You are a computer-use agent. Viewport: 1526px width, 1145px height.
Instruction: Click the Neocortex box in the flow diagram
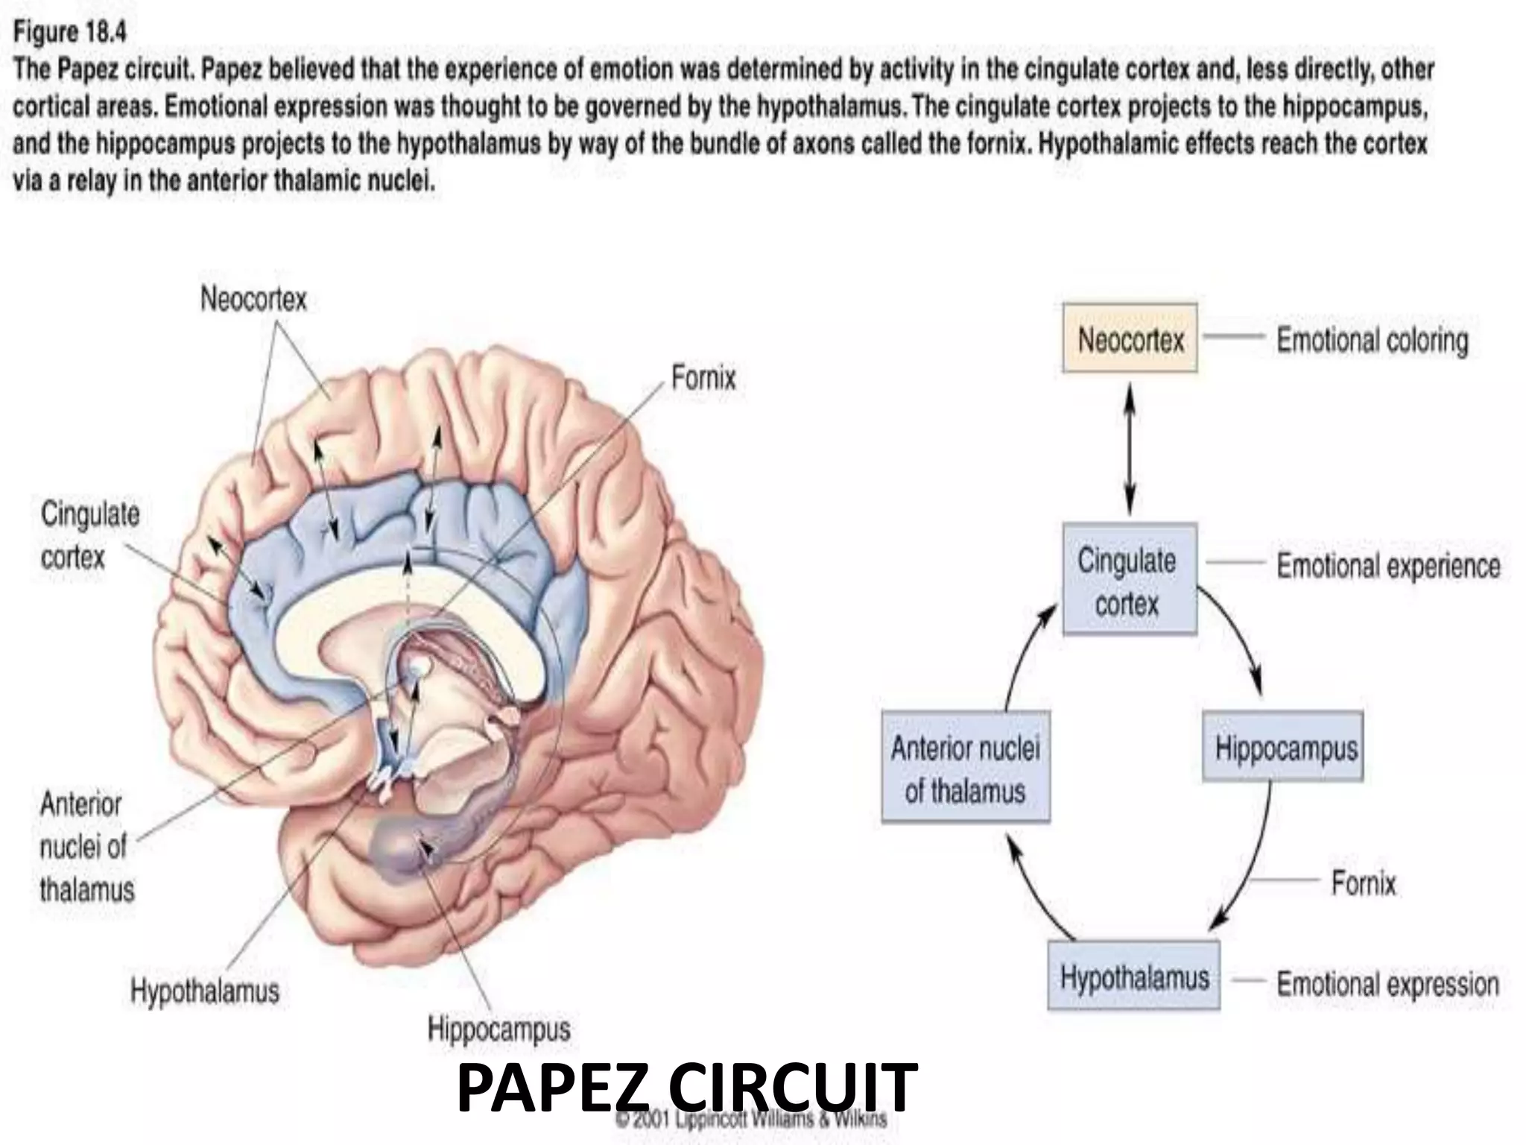1130,338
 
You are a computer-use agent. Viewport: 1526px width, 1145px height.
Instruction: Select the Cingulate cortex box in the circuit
1128,579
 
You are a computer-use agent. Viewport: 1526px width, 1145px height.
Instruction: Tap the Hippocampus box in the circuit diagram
1284,747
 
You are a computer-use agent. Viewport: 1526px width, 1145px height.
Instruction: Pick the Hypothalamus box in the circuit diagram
1133,977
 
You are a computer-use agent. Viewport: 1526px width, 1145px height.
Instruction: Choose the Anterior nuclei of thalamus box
966,768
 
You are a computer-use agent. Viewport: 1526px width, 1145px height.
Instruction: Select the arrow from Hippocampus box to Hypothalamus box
1252,865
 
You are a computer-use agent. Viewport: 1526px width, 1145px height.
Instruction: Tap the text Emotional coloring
1372,340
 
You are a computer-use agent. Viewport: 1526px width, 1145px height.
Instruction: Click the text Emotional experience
1388,565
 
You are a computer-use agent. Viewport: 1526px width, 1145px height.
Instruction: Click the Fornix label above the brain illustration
703,377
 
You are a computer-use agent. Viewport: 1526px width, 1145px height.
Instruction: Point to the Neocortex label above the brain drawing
253,299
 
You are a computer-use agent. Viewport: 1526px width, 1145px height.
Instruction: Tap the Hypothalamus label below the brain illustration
205,991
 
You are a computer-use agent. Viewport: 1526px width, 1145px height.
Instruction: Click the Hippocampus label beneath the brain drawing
498,1029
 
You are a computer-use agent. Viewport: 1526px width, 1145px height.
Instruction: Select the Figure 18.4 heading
71,32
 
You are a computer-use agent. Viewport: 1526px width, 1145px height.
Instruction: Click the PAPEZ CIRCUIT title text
686,1088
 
